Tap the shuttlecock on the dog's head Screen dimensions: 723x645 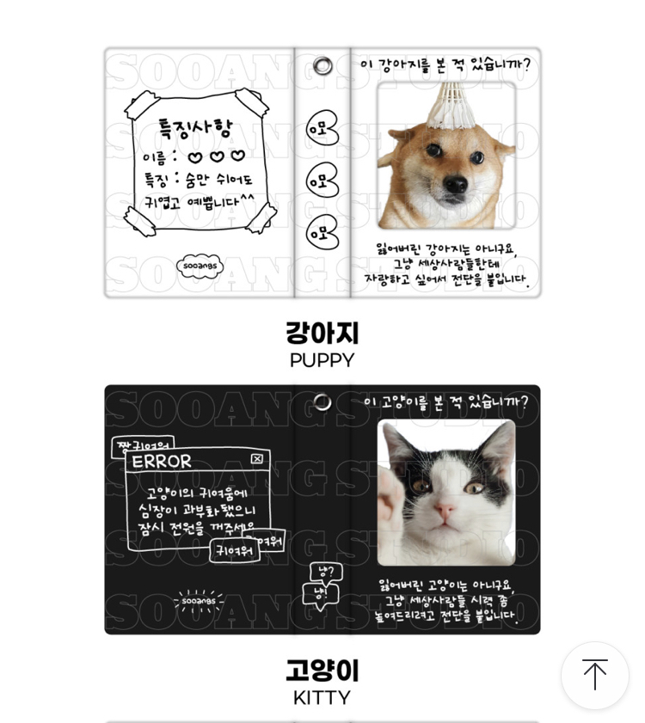coord(445,106)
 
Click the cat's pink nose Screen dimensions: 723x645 coord(444,511)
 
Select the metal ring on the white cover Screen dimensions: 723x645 coord(322,65)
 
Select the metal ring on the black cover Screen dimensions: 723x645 coord(322,402)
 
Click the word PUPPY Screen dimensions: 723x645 coord(322,360)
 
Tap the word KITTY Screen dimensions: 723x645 coord(322,697)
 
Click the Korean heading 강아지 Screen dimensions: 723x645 coord(322,333)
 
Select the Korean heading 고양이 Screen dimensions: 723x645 coord(322,670)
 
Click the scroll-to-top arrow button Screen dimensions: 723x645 coord(595,675)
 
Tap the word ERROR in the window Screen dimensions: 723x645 coord(162,461)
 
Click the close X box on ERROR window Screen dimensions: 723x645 coord(257,459)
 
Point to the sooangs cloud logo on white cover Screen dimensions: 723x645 coord(200,266)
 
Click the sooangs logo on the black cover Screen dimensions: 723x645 coord(199,601)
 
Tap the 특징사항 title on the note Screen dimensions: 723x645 coord(195,128)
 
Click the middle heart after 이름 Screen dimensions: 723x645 coord(217,156)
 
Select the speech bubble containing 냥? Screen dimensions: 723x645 coord(325,572)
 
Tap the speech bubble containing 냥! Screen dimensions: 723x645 coord(319,594)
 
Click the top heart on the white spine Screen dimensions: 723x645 coord(322,129)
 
